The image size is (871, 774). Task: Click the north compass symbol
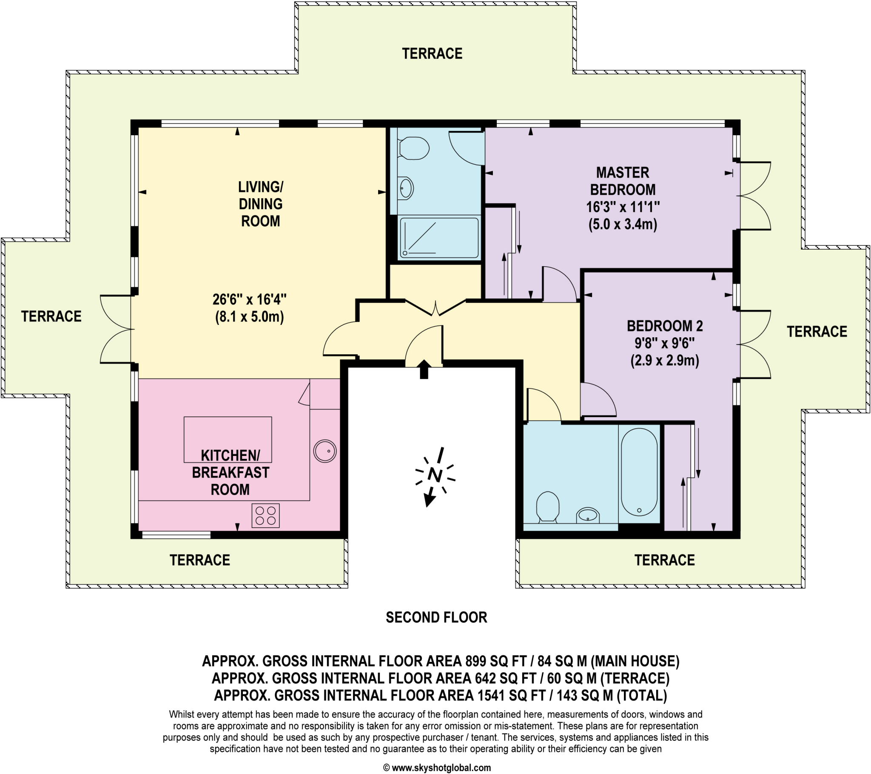(x=435, y=475)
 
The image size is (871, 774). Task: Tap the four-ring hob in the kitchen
(x=265, y=516)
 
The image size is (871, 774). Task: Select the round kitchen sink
(x=324, y=451)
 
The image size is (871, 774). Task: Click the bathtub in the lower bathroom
(x=639, y=472)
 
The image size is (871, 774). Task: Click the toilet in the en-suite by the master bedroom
(x=413, y=148)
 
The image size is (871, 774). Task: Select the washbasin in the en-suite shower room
(x=406, y=188)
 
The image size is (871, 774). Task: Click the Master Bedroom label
(x=623, y=181)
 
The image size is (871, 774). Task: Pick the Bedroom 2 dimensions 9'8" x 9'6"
(x=664, y=343)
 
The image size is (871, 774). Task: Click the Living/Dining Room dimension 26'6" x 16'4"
(x=249, y=300)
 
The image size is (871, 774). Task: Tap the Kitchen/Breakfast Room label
(x=230, y=472)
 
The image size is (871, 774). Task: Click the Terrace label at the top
(x=432, y=54)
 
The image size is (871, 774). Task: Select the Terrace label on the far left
(x=51, y=316)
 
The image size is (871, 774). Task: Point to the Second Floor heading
(x=436, y=617)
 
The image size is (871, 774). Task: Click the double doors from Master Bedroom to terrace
(x=754, y=196)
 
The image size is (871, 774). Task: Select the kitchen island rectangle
(x=228, y=439)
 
